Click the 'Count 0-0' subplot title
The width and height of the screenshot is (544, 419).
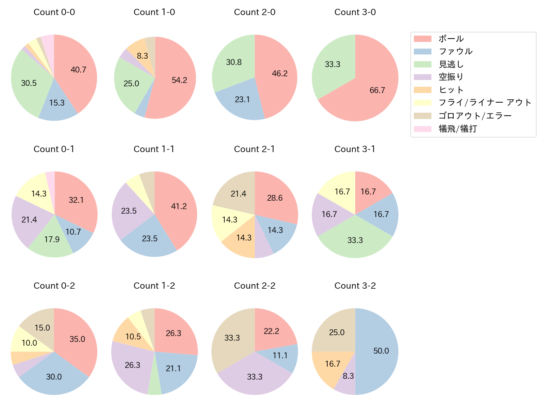click(54, 12)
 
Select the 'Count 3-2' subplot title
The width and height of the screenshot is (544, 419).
click(355, 286)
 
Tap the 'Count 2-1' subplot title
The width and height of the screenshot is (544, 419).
click(254, 149)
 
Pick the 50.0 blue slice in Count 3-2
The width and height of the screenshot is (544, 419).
click(379, 351)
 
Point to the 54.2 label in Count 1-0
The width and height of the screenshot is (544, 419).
click(180, 80)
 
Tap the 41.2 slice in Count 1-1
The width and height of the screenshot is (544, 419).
click(178, 207)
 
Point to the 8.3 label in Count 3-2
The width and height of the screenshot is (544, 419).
click(348, 376)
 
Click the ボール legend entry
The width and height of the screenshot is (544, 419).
click(451, 39)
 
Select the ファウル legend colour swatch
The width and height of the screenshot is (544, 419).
click(423, 52)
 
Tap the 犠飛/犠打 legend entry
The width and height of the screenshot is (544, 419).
click(458, 129)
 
